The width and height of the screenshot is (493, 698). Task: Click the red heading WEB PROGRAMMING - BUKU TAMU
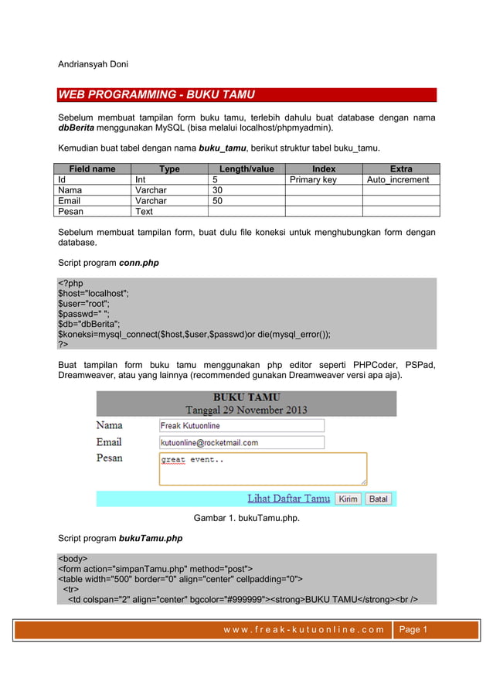point(157,95)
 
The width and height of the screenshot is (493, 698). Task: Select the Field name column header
point(92,169)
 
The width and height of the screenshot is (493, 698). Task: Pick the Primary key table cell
point(313,179)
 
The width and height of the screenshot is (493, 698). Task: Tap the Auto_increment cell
point(399,179)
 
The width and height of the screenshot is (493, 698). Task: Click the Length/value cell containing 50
point(218,200)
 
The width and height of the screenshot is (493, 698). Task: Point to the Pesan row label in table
point(71,210)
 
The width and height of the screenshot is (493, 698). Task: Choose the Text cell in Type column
point(144,210)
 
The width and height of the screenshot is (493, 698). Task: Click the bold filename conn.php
point(139,263)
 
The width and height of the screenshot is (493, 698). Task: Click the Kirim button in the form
point(348,499)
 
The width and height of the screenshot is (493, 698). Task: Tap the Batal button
point(378,499)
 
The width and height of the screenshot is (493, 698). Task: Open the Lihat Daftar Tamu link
point(288,499)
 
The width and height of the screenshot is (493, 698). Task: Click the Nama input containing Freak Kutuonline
point(241,425)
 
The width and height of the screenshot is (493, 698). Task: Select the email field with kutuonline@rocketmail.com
point(241,442)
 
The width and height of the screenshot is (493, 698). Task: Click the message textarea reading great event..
point(263,468)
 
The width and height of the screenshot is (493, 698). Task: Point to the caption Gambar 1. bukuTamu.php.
point(246,518)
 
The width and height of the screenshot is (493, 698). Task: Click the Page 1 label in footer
point(413,629)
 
